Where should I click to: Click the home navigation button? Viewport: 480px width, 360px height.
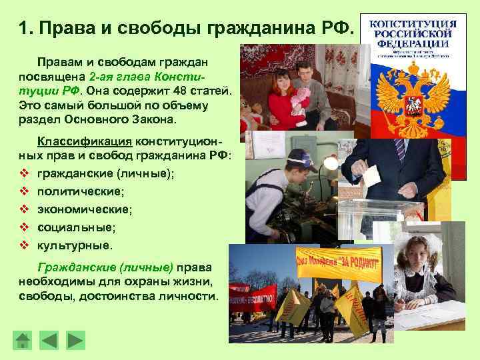[23, 340]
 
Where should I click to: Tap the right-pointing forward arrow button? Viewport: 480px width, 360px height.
[75, 340]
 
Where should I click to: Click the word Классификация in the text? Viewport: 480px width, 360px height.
[85, 141]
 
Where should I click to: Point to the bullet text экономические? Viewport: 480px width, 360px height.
[85, 209]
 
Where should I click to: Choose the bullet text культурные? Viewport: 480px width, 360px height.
[75, 245]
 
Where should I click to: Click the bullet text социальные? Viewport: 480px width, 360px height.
[76, 227]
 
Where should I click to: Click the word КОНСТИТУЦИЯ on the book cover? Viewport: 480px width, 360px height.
[413, 24]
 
